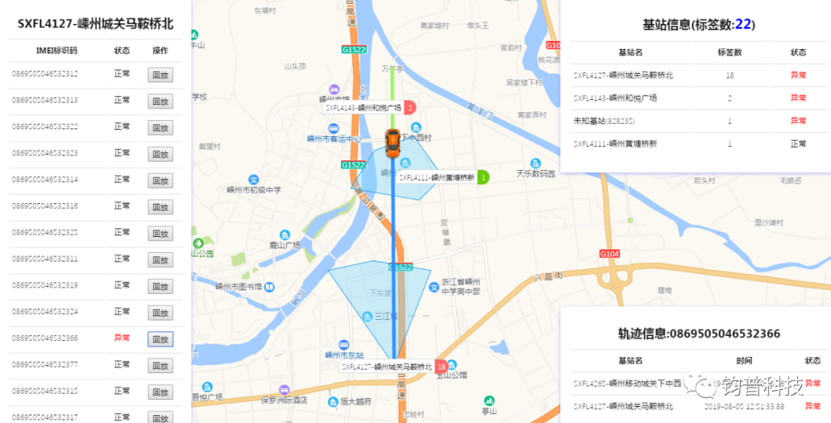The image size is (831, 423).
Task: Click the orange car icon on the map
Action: (x=392, y=144)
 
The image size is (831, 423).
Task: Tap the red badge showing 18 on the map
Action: (x=442, y=367)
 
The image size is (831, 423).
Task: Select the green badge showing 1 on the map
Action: (x=483, y=177)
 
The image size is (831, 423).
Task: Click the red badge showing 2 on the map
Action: (x=410, y=108)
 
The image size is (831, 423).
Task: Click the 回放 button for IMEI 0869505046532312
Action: (x=160, y=75)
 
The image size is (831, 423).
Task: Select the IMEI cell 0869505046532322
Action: (x=45, y=126)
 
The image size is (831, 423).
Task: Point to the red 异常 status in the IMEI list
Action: (x=122, y=338)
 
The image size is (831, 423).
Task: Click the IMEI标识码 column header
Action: (x=57, y=51)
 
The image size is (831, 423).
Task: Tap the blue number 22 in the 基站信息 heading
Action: (x=743, y=25)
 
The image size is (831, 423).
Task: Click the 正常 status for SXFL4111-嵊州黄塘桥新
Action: (x=798, y=144)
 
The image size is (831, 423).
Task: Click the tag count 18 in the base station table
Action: (x=729, y=75)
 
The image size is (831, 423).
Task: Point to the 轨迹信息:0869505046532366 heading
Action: (x=699, y=334)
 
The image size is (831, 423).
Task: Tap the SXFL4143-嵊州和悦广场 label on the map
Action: (x=362, y=108)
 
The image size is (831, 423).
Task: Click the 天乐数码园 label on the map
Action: (x=536, y=174)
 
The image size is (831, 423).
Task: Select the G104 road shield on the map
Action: (x=609, y=253)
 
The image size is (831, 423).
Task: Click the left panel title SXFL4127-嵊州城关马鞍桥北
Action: (x=95, y=24)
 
